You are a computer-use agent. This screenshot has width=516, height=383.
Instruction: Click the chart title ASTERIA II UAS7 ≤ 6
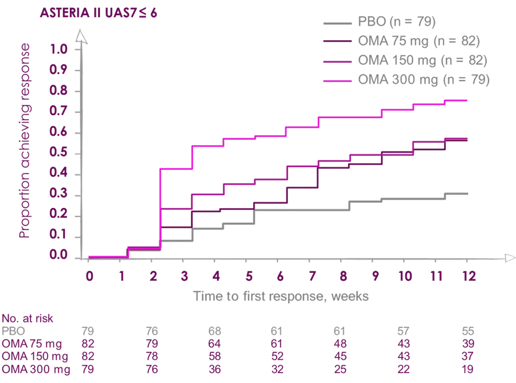click(x=98, y=12)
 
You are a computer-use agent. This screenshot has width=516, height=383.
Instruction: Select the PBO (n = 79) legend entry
click(x=397, y=22)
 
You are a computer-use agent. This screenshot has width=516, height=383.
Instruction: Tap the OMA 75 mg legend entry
click(x=418, y=41)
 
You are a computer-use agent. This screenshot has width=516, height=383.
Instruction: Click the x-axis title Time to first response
click(x=281, y=296)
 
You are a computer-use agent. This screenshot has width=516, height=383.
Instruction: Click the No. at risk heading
click(x=28, y=318)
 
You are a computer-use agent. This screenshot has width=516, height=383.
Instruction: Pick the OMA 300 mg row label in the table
click(x=36, y=370)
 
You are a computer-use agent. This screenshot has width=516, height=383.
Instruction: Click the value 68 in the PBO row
click(x=215, y=331)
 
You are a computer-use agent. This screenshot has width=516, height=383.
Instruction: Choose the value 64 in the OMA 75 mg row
click(x=215, y=344)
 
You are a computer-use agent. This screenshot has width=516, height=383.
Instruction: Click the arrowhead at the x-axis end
click(x=510, y=259)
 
